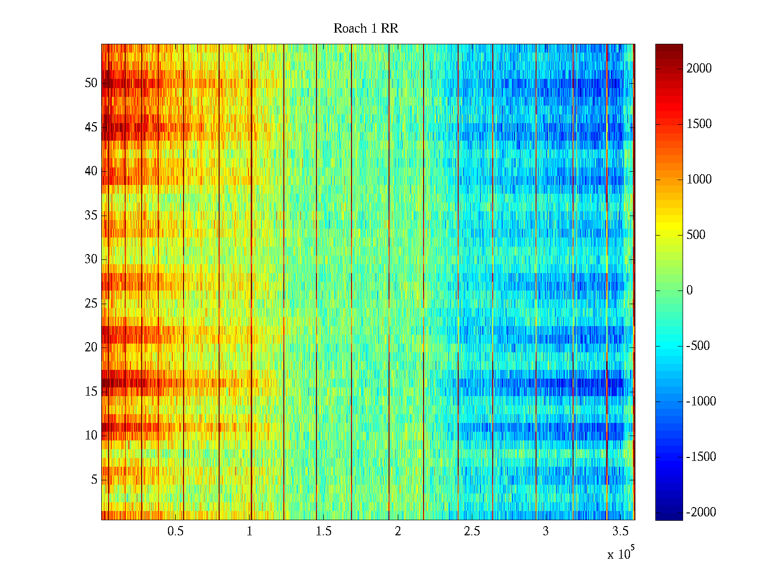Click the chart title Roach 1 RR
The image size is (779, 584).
tap(366, 29)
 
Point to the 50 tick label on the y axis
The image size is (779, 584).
tap(91, 83)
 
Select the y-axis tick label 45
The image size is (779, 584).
tap(91, 128)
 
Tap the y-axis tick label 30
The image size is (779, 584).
tap(91, 259)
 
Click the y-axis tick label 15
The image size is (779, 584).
tap(91, 392)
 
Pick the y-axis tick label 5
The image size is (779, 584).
tap(94, 480)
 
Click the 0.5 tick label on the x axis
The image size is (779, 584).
tap(175, 531)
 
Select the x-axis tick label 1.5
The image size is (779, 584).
tap(324, 531)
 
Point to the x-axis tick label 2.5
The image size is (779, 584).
tap(472, 531)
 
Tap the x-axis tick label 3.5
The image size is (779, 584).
tap(620, 531)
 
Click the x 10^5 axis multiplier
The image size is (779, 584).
tap(621, 554)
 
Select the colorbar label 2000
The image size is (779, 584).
tap(699, 69)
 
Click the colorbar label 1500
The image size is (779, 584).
tap(699, 124)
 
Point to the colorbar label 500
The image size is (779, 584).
tap(696, 235)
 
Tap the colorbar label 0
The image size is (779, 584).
tap(689, 291)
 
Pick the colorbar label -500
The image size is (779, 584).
tap(698, 346)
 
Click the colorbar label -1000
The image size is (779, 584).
tap(701, 401)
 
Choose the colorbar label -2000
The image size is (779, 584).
tap(701, 512)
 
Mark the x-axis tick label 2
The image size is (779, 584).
tap(398, 531)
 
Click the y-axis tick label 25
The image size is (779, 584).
tap(91, 304)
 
